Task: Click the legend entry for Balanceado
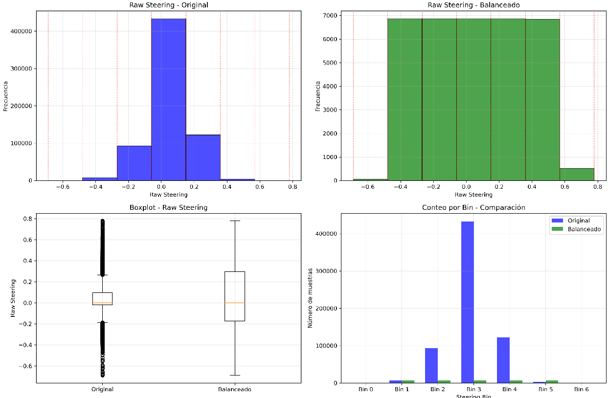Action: pyautogui.click(x=584, y=229)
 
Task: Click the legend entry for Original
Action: pyautogui.click(x=578, y=221)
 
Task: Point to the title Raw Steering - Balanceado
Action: pyautogui.click(x=473, y=5)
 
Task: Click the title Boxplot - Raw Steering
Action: pyautogui.click(x=168, y=207)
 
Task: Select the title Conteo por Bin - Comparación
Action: pyautogui.click(x=473, y=207)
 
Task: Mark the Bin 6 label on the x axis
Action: pyautogui.click(x=581, y=390)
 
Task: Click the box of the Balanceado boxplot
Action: pyautogui.click(x=235, y=296)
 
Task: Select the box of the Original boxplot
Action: pyautogui.click(x=102, y=299)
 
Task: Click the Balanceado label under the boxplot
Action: pyautogui.click(x=235, y=390)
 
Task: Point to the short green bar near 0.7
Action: pyautogui.click(x=577, y=175)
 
